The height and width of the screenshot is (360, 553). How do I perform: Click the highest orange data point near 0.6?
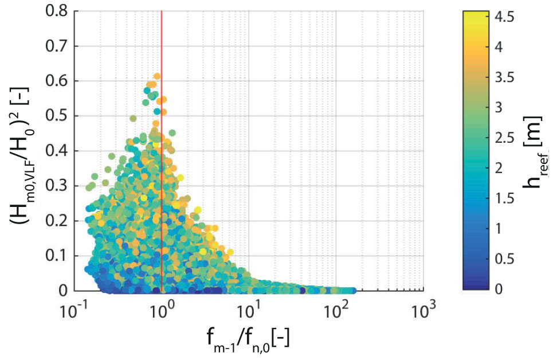point(156,76)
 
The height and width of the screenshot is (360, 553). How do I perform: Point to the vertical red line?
point(162,172)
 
